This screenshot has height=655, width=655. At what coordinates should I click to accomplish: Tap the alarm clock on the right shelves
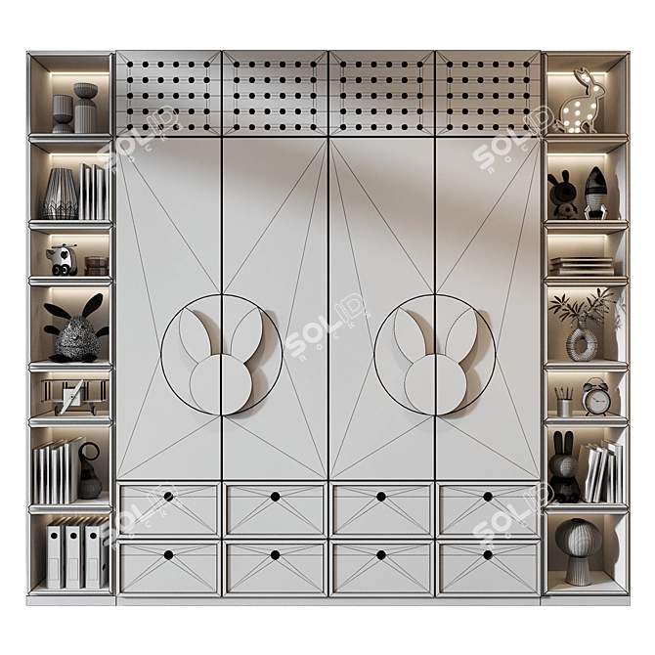tap(595, 397)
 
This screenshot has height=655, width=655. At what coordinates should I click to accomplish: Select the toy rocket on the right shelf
tap(595, 192)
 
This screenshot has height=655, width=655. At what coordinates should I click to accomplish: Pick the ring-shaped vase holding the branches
tap(582, 342)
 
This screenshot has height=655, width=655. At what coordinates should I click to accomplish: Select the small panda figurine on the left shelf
tap(62, 259)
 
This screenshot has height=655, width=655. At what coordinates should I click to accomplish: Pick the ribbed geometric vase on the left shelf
tap(61, 193)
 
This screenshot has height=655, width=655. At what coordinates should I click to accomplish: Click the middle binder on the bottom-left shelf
tap(73, 556)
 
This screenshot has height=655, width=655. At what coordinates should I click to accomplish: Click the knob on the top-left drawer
tap(168, 497)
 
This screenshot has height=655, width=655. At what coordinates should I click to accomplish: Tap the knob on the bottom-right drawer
tap(488, 554)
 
